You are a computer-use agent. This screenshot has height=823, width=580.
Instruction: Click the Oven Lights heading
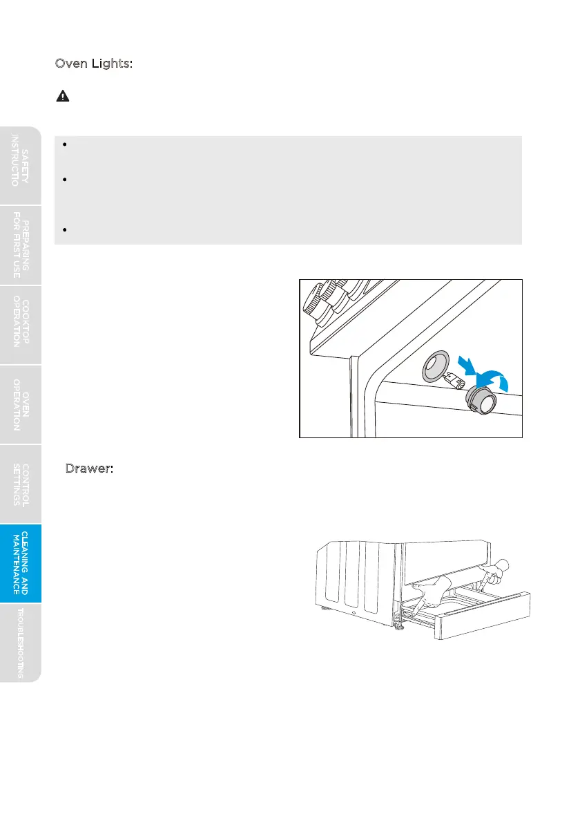tap(93, 64)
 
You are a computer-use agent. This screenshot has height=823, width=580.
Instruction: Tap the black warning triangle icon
tap(62, 97)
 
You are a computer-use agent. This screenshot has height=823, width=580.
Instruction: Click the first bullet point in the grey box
tap(63, 145)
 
